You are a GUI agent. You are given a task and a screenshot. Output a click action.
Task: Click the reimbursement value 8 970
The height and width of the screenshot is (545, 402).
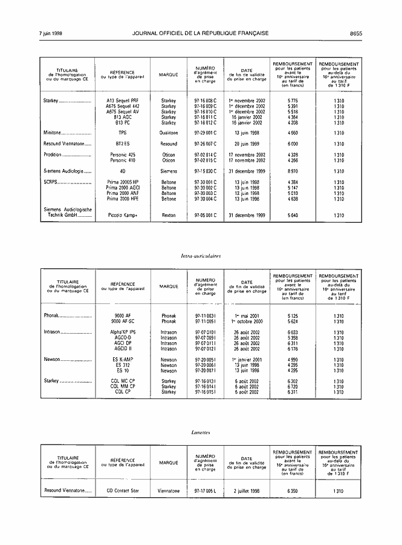click(293, 171)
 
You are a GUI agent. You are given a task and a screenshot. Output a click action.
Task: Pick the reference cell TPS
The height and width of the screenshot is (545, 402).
click(123, 133)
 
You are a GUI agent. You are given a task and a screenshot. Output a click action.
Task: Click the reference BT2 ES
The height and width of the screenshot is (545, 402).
click(123, 144)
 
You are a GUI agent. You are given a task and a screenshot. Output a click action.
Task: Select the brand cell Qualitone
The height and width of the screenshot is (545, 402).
click(169, 133)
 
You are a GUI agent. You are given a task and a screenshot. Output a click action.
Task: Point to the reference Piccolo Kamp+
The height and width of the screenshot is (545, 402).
click(123, 216)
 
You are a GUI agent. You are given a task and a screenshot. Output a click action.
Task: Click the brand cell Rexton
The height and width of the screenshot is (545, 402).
click(169, 216)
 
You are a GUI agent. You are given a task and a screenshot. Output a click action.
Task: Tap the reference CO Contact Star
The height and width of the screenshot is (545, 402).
click(123, 491)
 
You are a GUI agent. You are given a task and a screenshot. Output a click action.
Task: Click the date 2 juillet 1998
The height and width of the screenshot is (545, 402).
click(247, 491)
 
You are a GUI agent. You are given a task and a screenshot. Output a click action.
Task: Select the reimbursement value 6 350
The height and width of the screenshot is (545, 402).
click(293, 491)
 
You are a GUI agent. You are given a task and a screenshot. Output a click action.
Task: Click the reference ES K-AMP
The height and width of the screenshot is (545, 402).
click(123, 360)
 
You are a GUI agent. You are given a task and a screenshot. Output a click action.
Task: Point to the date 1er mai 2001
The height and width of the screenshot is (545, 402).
click(247, 315)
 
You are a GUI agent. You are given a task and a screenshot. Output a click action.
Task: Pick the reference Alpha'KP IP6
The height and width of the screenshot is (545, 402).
click(123, 332)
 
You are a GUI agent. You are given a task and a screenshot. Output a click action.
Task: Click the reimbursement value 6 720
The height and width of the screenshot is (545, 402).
click(293, 386)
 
